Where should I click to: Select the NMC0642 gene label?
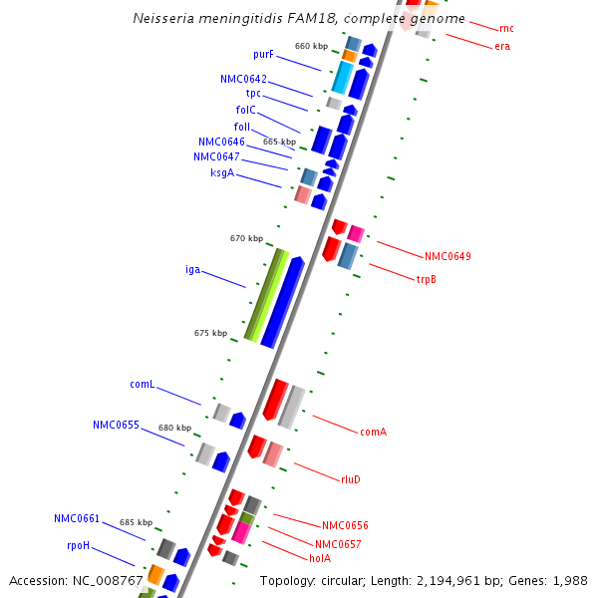point(243,79)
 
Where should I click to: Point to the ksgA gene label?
point(222,172)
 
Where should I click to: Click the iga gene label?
point(192,269)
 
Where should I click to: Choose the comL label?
point(142,384)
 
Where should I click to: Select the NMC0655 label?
point(116,425)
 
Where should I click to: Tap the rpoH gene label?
point(79,545)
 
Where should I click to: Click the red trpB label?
point(426,279)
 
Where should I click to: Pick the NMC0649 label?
point(448,256)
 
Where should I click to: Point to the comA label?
point(373,432)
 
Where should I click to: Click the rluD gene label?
point(351,479)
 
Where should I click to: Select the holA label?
point(320,558)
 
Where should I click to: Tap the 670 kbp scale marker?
point(246,238)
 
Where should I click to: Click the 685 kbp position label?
point(136,522)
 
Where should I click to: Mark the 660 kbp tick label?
point(311,46)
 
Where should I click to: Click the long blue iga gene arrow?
point(282,302)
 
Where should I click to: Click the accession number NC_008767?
point(110,580)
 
